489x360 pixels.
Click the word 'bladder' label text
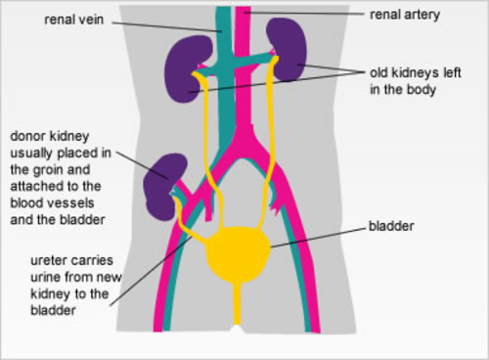coord(390,226)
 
